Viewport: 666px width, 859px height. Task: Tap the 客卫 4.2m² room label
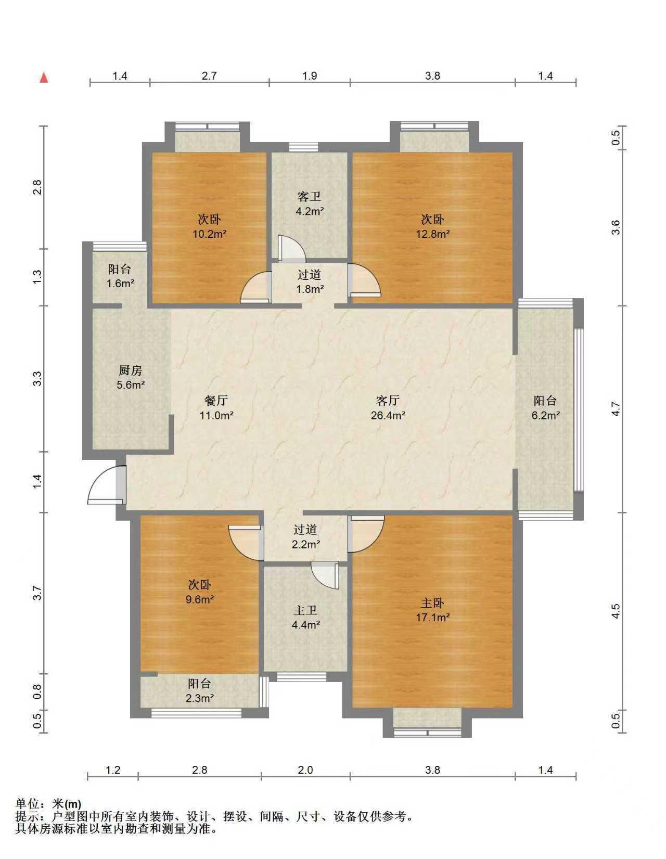(310, 203)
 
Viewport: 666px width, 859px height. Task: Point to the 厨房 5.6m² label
(131, 378)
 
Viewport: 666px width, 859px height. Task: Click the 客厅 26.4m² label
(387, 408)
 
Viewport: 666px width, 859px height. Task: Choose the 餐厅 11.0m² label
(216, 408)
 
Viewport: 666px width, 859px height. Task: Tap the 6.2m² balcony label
(545, 408)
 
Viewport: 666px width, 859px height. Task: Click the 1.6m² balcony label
(120, 276)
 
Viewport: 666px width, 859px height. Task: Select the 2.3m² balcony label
(200, 690)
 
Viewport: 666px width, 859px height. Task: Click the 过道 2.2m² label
(305, 537)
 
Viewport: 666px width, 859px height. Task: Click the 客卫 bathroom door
(292, 249)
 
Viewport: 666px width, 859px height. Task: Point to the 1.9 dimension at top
(310, 75)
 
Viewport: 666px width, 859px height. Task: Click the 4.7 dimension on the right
(616, 408)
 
